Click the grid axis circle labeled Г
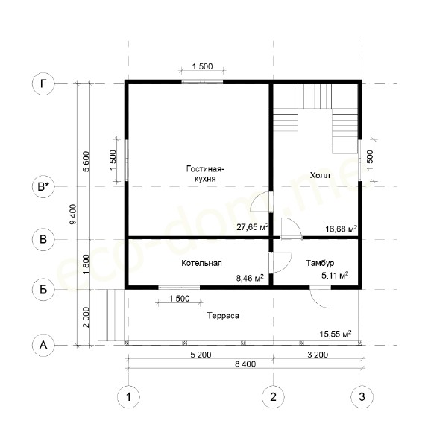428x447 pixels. click(x=43, y=83)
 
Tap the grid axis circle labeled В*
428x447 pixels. click(x=43, y=187)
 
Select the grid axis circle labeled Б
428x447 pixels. click(x=43, y=290)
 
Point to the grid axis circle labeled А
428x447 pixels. click(x=43, y=345)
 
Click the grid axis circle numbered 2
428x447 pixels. click(x=274, y=396)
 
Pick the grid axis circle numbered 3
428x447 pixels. click(x=362, y=396)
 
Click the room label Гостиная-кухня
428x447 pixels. click(x=205, y=174)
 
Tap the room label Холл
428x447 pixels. click(x=320, y=175)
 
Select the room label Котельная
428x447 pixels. click(x=201, y=263)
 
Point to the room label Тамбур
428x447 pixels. click(x=320, y=263)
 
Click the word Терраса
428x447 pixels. click(x=223, y=316)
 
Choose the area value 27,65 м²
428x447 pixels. click(x=253, y=227)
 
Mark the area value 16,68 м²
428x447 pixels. click(x=342, y=229)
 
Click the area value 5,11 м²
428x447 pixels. click(x=335, y=276)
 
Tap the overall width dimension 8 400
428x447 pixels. click(x=245, y=364)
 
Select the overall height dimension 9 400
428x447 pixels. click(x=73, y=214)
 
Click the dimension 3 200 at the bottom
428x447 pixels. click(x=318, y=355)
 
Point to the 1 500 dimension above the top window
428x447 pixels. click(x=202, y=66)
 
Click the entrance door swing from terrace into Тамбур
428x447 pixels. click(x=320, y=297)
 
